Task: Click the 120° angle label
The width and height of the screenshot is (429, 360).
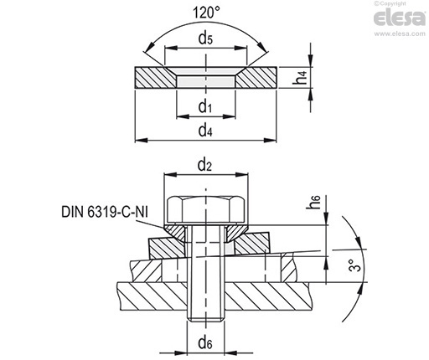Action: pyautogui.click(x=206, y=13)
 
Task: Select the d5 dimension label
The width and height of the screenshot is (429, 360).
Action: pyautogui.click(x=205, y=39)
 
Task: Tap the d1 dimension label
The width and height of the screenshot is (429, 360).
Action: pyautogui.click(x=205, y=106)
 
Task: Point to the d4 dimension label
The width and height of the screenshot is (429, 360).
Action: pyautogui.click(x=205, y=131)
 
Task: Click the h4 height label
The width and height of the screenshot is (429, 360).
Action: pyautogui.click(x=300, y=77)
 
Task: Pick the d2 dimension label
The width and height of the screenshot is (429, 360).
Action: pyautogui.click(x=204, y=165)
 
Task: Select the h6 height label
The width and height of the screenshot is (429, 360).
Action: pyautogui.click(x=313, y=203)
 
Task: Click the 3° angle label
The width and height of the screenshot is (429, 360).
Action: pyautogui.click(x=354, y=265)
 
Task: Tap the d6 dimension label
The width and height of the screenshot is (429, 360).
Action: pyautogui.click(x=205, y=343)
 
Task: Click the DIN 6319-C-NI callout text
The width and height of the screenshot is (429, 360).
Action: pyautogui.click(x=105, y=212)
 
